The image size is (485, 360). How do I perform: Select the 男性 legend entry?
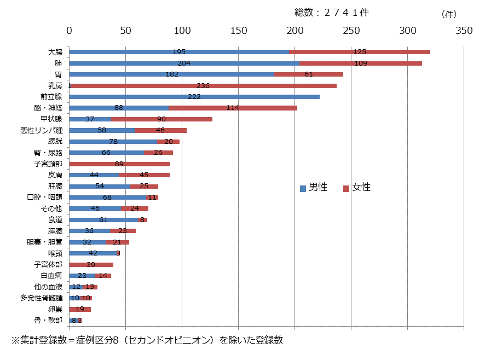click(x=314, y=188)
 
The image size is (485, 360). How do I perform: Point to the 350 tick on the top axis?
click(x=464, y=31)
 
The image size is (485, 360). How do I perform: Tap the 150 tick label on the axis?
click(x=238, y=31)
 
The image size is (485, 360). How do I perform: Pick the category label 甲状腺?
click(x=51, y=119)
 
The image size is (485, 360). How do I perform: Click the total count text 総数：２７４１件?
click(x=332, y=13)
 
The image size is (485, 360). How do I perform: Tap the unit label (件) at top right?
click(x=448, y=14)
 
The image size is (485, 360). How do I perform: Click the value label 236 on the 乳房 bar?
click(x=204, y=86)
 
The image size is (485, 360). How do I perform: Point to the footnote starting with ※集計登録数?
click(x=147, y=340)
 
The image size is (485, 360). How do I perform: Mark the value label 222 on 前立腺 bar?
click(x=194, y=97)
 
